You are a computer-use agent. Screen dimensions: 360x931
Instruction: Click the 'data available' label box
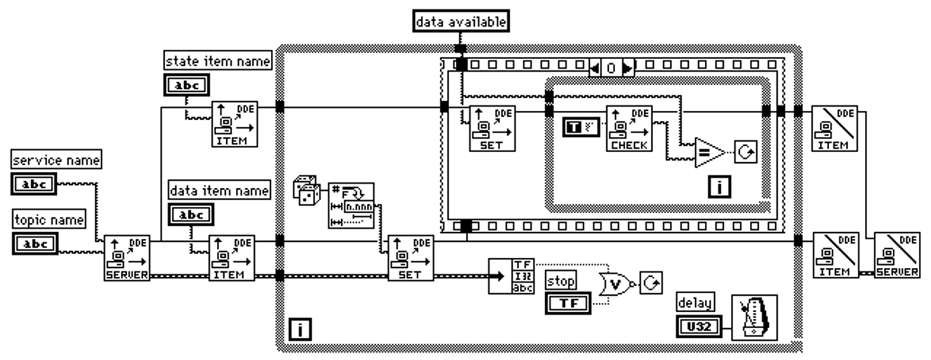461,21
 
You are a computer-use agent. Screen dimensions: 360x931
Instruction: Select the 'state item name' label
218,61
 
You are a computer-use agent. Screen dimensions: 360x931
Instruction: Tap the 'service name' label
56,160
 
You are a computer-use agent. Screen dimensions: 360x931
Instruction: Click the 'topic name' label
49,220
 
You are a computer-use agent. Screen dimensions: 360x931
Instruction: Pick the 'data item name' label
219,190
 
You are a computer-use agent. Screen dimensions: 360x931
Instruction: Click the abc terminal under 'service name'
34,184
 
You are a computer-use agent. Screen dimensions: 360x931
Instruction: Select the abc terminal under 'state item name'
186,85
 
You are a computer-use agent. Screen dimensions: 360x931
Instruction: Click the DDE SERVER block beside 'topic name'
127,258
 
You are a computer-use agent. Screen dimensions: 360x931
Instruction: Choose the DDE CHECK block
629,129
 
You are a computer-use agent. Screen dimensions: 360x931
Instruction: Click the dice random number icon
306,191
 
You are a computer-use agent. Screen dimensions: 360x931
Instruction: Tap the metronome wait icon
754,317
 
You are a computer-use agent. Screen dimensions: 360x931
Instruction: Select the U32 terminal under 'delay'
699,326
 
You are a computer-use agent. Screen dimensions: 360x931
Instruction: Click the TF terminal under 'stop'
568,303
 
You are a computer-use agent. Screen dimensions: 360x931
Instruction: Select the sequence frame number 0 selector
611,68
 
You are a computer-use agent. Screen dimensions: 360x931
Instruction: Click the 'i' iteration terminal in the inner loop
719,187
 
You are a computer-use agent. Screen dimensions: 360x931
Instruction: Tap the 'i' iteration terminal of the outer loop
300,329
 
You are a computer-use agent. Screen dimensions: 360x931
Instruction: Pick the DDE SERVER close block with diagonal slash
897,255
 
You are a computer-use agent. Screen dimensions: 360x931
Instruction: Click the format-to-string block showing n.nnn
351,205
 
